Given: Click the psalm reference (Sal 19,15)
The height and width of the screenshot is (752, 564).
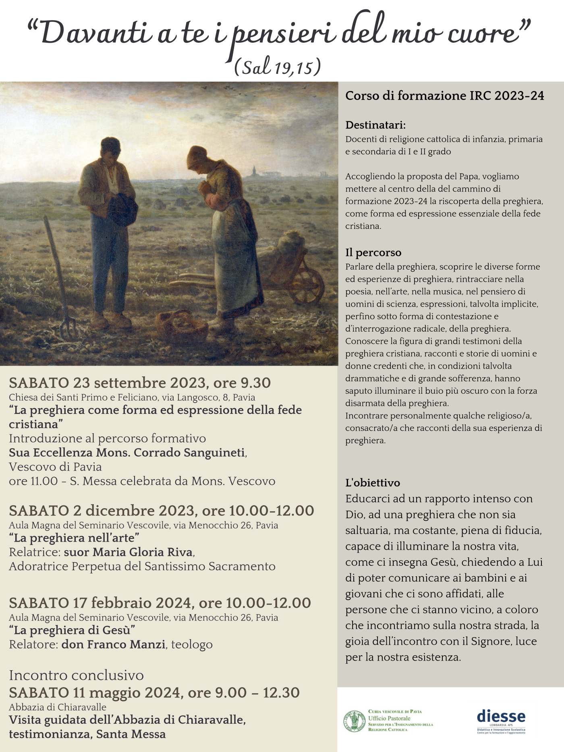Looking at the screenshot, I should click(x=278, y=67).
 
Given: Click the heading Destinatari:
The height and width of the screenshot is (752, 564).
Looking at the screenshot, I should click(x=375, y=125).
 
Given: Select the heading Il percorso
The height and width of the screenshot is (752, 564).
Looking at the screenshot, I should click(x=373, y=253).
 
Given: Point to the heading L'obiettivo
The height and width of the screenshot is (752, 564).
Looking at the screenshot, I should click(x=373, y=483).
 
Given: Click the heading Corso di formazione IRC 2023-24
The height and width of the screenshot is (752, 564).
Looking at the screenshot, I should click(x=445, y=96).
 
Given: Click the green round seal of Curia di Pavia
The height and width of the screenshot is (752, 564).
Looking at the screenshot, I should click(x=354, y=721).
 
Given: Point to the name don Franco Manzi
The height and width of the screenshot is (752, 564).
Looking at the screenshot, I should click(x=113, y=644).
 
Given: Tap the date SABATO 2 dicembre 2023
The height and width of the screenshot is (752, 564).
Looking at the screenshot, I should click(x=102, y=511).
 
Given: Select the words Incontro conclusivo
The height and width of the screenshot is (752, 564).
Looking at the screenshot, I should click(x=76, y=675).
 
